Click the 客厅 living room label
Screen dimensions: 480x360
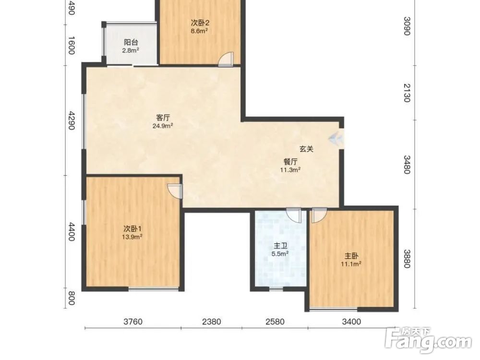pos(163,118)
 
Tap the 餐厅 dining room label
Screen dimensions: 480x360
pos(290,162)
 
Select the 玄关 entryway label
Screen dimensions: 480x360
pos(306,149)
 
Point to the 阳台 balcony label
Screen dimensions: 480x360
pos(131,43)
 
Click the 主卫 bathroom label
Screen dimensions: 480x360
pos(280,246)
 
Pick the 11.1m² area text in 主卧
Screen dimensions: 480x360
pos(351,264)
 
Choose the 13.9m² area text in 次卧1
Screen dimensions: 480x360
pos(132,237)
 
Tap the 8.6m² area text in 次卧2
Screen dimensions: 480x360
pos(200,31)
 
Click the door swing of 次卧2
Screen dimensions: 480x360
pos(226,60)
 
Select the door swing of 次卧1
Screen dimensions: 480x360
pos(175,191)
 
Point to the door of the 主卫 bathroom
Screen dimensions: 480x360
pos(294,216)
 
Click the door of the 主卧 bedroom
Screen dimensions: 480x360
pos(319,216)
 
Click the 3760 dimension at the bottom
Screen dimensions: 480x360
pos(133,322)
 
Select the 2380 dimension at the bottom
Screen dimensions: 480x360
pos(212,322)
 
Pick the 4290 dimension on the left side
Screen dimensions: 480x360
pos(72,120)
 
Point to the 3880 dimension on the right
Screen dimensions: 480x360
pos(407,259)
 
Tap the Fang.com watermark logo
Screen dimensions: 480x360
pos(428,340)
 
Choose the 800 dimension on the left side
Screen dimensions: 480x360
pos(72,298)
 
